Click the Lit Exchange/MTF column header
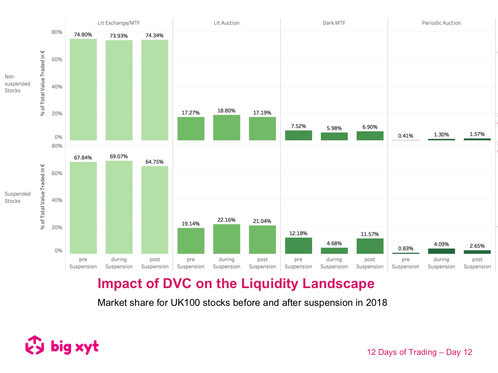(x=119, y=23)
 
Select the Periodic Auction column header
(x=441, y=23)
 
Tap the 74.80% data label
(x=83, y=35)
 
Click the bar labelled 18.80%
(x=226, y=128)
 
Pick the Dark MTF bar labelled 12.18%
(x=298, y=246)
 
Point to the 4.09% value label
(x=441, y=244)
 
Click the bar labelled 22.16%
(x=226, y=239)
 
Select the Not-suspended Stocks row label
(x=17, y=84)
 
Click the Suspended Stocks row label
(x=17, y=197)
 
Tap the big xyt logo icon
(x=35, y=345)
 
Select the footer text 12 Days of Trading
(x=402, y=352)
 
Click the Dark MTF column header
(x=334, y=23)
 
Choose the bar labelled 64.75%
(x=155, y=210)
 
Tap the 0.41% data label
(x=406, y=136)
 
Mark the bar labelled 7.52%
(x=298, y=135)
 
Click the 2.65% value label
(x=477, y=246)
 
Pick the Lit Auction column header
(x=226, y=23)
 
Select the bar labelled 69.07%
(x=119, y=207)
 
